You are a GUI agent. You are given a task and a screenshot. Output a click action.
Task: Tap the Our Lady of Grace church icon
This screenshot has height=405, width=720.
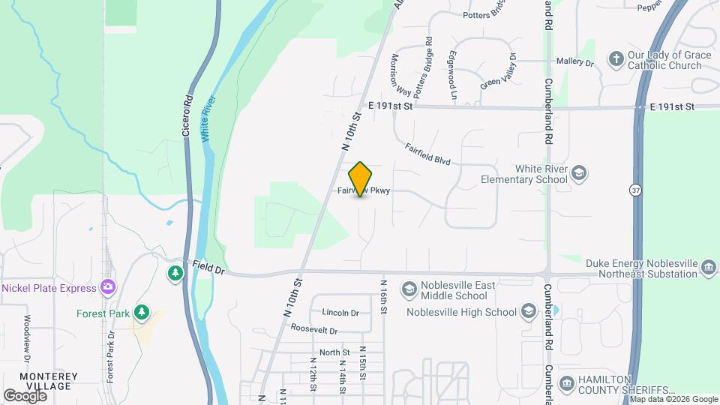(x=616, y=59)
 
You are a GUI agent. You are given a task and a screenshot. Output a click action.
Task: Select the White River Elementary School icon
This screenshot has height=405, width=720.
(x=578, y=174)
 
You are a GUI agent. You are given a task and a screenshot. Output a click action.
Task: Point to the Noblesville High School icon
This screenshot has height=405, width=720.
(x=528, y=312)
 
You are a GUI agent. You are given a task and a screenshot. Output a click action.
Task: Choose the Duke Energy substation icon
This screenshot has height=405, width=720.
(x=708, y=268)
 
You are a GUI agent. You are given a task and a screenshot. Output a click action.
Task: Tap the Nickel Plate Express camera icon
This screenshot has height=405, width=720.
(x=109, y=287)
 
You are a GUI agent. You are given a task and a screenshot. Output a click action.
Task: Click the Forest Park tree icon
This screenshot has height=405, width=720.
(x=140, y=312)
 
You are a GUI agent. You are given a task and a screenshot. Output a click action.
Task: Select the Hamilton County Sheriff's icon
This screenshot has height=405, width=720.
(x=566, y=385)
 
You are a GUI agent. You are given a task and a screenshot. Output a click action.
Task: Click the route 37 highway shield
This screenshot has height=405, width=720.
(x=635, y=191)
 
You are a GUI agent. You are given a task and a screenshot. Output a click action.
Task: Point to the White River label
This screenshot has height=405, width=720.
(x=208, y=118)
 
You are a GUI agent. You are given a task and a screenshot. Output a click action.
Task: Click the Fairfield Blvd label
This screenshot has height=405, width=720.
(x=427, y=154)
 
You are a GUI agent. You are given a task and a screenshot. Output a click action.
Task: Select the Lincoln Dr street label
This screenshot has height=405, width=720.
(x=340, y=313)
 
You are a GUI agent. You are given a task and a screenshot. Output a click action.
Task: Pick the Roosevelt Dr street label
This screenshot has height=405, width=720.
(x=314, y=329)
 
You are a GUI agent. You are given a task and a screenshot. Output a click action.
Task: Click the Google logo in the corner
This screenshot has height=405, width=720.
(x=25, y=395)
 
